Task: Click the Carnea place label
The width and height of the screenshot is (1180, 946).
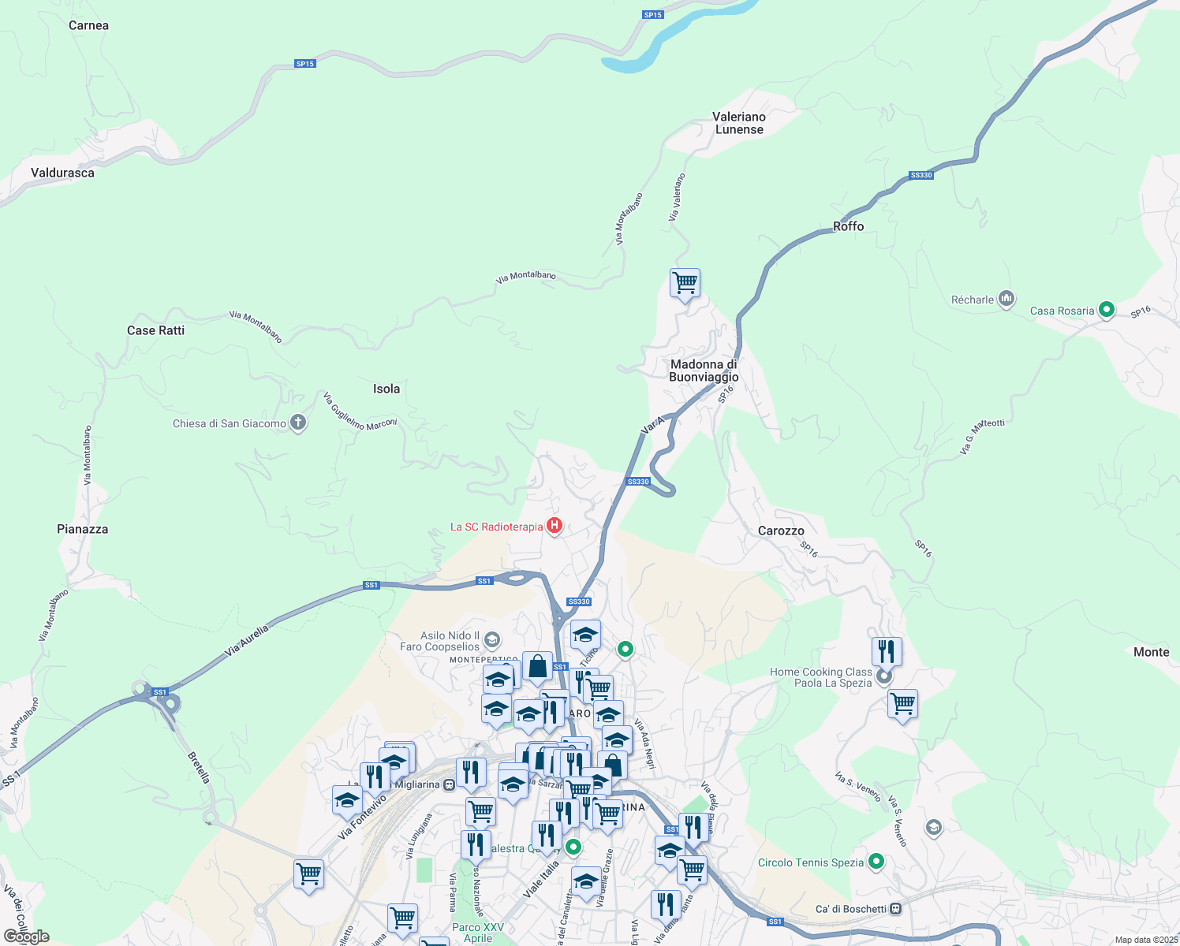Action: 88,25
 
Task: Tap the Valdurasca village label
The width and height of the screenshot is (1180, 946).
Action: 62,173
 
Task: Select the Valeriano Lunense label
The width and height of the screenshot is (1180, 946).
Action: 739,123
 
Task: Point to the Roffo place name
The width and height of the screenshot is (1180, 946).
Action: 849,226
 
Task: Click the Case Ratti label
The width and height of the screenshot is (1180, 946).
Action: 155,330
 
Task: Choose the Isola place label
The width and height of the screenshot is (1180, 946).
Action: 386,389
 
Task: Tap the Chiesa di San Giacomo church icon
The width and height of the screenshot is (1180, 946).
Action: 298,423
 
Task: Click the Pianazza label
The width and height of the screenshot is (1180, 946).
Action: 82,529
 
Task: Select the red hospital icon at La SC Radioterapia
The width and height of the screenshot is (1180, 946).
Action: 555,526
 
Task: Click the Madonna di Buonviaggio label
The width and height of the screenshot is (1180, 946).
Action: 704,371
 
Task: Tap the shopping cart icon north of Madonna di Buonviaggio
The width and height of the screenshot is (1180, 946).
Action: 685,282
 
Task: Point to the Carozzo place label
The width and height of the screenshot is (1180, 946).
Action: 781,531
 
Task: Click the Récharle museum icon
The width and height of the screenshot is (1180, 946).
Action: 1006,299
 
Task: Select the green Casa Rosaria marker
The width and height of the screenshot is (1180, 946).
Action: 1107,310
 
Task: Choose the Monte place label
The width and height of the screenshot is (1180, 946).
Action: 1151,652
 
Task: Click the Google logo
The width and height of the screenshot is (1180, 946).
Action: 27,937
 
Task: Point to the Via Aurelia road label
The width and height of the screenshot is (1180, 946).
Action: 247,640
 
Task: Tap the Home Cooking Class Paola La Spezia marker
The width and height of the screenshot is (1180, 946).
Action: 885,676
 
